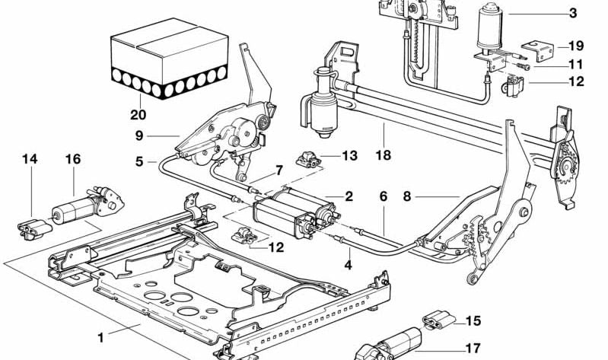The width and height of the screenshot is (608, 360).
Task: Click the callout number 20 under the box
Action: coord(137,116)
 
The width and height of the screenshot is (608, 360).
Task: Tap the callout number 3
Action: coord(572,13)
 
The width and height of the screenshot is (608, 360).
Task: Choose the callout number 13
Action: coord(349,156)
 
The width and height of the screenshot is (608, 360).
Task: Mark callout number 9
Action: coord(139,136)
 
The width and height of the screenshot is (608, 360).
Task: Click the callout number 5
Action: coord(139,161)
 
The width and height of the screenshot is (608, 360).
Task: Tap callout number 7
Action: coord(279,169)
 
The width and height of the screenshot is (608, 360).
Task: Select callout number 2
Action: coord(349,196)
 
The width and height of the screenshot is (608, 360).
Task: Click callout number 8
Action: coord(407,196)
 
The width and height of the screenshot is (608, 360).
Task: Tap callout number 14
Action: coord(30,159)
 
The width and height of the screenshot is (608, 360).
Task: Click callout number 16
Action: coord(73,159)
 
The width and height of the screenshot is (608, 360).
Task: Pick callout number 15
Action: coord(473,320)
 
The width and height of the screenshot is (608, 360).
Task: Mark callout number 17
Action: coord(473,348)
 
